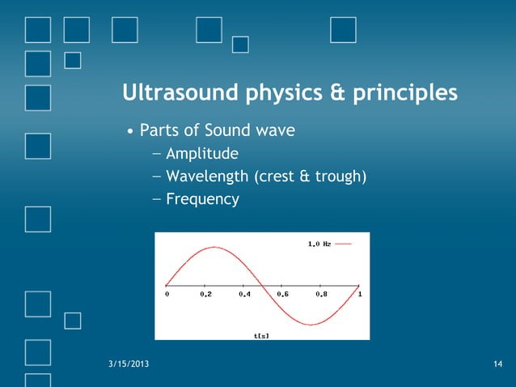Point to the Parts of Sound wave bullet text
click(214, 130)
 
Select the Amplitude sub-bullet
click(202, 153)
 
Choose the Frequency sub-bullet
click(202, 198)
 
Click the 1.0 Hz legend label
click(319, 243)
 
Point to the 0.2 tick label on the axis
click(207, 295)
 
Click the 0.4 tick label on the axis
click(245, 295)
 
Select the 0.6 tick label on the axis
click(283, 295)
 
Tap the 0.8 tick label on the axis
click(321, 295)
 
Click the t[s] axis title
click(261, 334)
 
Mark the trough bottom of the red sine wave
click(310, 324)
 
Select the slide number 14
click(497, 367)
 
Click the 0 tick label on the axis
click(167, 295)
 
